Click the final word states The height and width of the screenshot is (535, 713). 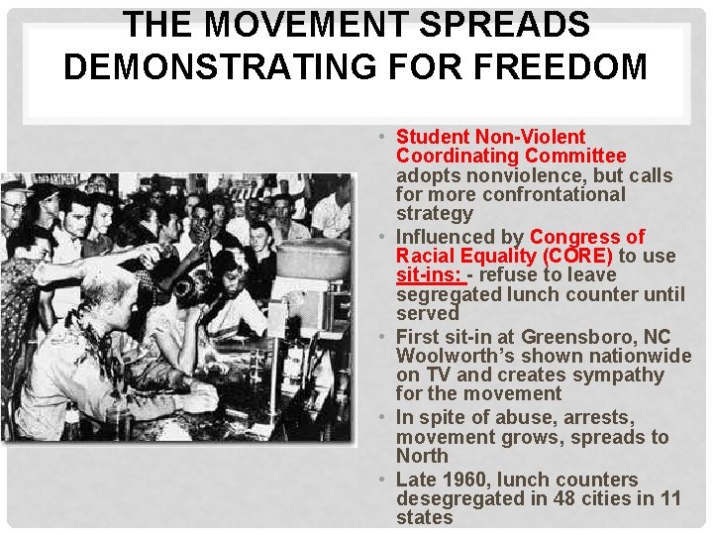(x=424, y=517)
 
